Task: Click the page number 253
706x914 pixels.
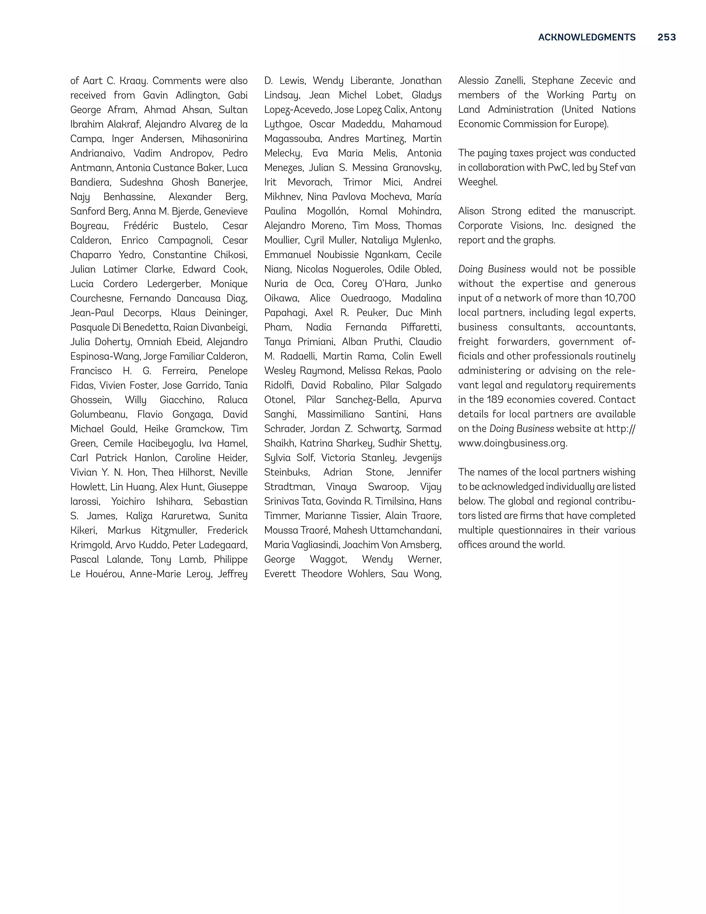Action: (x=666, y=37)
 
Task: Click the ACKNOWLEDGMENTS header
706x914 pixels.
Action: (x=586, y=37)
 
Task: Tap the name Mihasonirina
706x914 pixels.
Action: (x=219, y=139)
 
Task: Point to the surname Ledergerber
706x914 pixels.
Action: (x=174, y=284)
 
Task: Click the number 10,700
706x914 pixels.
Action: (x=620, y=298)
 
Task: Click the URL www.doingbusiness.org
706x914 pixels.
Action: (x=512, y=444)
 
